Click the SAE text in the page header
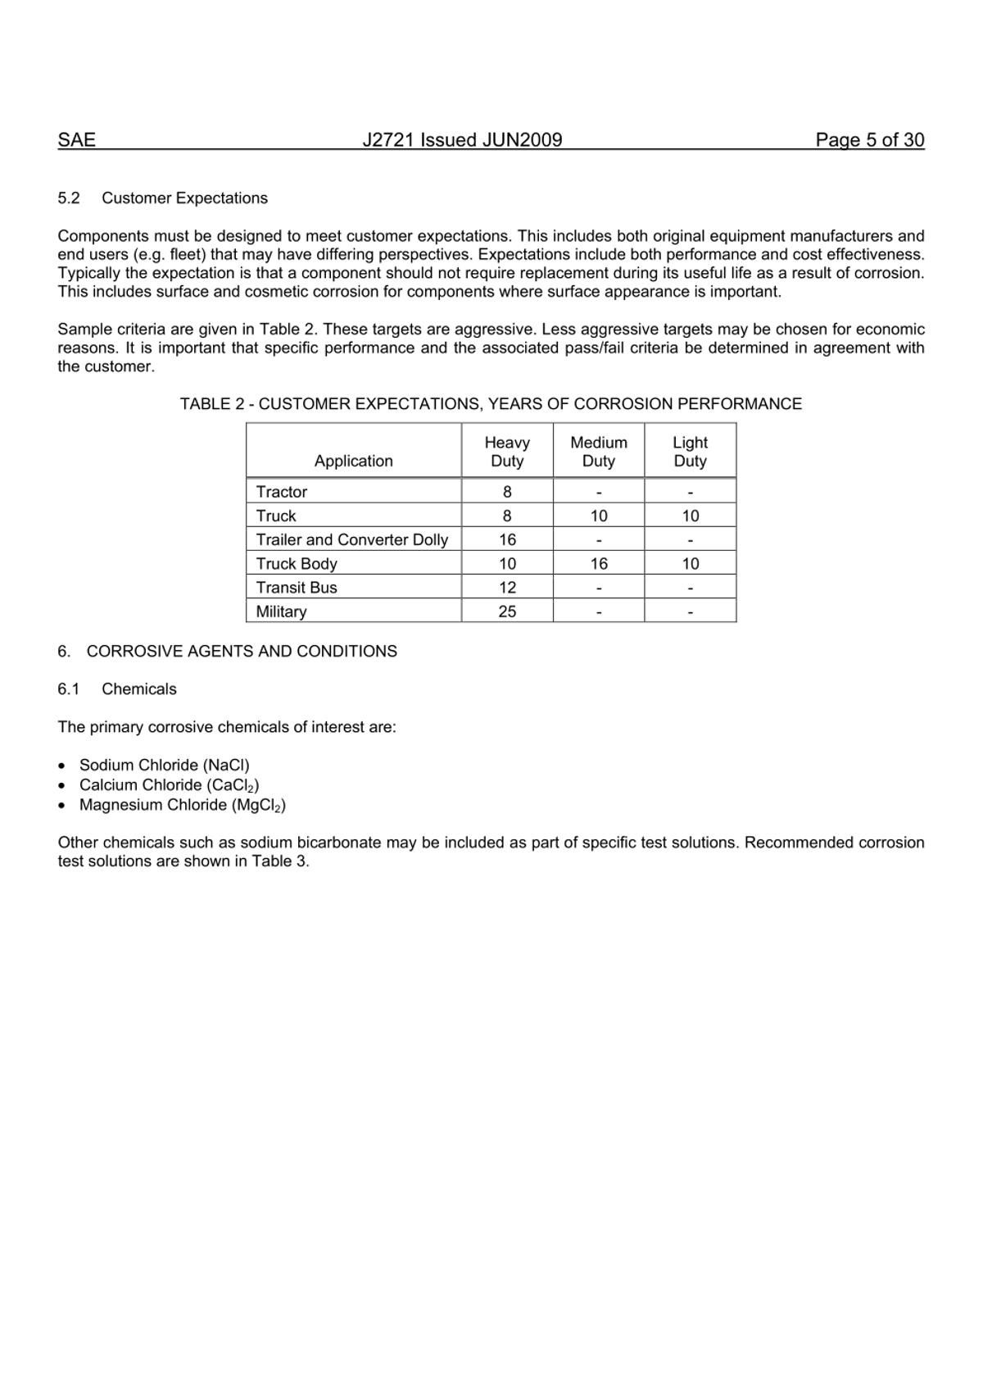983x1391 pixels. pos(76,140)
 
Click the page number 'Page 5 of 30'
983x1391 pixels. pos(869,140)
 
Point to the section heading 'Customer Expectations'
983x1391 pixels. pos(184,198)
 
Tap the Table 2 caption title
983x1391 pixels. pos(491,404)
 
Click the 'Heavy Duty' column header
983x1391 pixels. pos(507,452)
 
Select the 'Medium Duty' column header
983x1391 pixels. pos(599,452)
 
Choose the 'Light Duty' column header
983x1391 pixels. pos(690,452)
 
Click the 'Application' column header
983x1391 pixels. pos(354,461)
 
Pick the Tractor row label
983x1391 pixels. pos(281,492)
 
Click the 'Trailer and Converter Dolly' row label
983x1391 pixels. pos(351,539)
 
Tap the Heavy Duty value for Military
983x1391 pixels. pos(507,611)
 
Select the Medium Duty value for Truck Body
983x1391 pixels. pos(599,564)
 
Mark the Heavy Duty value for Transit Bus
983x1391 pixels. pos(507,588)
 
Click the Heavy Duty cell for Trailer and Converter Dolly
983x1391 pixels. pos(507,539)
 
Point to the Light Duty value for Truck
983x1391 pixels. pos(690,516)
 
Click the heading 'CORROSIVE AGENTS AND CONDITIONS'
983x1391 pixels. pos(242,652)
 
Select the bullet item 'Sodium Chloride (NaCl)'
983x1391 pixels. pos(164,766)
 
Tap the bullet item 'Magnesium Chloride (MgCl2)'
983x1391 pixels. pos(182,805)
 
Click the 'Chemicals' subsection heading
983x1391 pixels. pos(138,689)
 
